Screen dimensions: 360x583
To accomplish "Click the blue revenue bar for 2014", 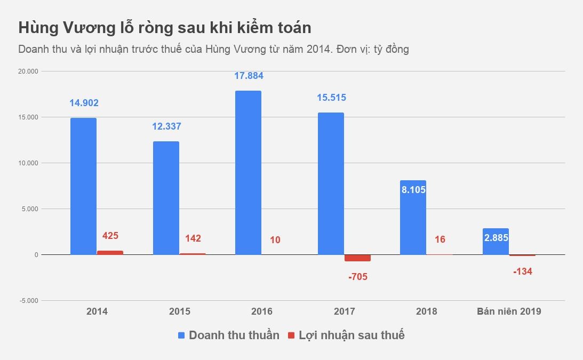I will [83, 186].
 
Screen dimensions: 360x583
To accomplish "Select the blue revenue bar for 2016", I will [248, 173].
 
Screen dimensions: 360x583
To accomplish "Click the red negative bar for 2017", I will [357, 258].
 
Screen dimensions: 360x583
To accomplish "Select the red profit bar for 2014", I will [110, 253].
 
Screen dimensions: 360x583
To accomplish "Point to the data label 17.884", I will [249, 76].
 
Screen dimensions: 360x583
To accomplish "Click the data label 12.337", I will [166, 126].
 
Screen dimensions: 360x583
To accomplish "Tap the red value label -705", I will [357, 277].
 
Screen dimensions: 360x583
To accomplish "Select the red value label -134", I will [522, 271].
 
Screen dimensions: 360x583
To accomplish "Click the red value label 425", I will [110, 236].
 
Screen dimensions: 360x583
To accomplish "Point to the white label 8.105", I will [413, 189].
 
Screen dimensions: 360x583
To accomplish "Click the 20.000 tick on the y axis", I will [29, 71].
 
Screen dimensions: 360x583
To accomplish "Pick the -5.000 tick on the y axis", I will [29, 301].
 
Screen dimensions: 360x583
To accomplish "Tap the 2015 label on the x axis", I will [179, 311].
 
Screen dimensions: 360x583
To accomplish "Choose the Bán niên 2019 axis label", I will [508, 311].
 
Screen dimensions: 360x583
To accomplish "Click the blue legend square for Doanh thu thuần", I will [181, 335].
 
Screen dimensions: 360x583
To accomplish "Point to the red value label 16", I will [440, 239].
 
